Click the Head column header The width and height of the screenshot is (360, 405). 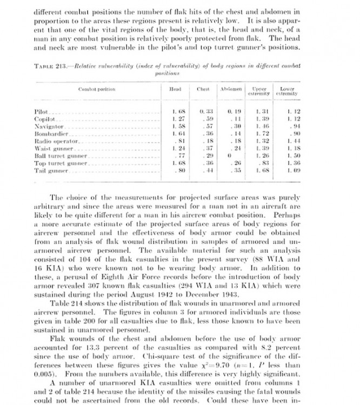coord(175,90)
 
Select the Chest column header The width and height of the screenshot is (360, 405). coord(203,90)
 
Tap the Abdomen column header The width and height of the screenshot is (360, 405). coord(231,90)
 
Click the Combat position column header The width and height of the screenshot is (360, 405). coord(97,90)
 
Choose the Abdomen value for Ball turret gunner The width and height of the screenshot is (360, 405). coord(229,156)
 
